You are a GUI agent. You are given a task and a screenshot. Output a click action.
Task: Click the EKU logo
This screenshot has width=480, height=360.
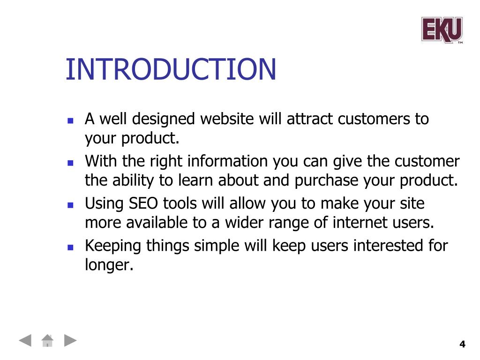(x=442, y=30)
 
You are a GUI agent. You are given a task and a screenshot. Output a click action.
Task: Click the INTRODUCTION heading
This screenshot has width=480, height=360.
(x=171, y=69)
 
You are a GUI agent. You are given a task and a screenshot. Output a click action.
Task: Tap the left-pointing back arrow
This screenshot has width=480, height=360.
(x=25, y=340)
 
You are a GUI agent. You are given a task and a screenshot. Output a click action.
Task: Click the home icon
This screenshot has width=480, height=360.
(x=47, y=340)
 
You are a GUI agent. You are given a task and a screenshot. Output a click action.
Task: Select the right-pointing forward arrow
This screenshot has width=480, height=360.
(x=70, y=340)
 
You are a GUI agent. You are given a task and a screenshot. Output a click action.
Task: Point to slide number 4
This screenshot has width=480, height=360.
(x=462, y=344)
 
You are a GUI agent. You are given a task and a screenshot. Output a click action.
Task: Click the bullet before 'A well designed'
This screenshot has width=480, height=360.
(x=70, y=120)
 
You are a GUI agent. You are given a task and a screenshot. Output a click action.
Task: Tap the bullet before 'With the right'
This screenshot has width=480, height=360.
(x=70, y=163)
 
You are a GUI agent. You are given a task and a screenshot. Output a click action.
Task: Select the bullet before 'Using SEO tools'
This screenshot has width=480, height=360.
(x=70, y=205)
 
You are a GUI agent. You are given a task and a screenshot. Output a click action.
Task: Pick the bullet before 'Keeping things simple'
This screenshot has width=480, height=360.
(x=70, y=247)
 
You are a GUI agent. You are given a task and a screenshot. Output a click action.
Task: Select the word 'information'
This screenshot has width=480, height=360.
(x=227, y=161)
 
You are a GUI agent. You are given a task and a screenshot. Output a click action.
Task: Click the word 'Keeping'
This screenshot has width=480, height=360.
(x=113, y=246)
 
